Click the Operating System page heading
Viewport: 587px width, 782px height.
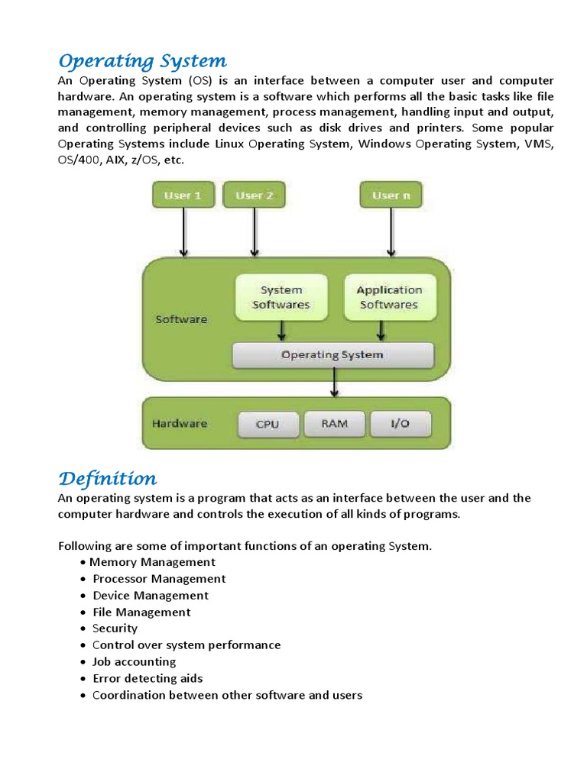tap(143, 61)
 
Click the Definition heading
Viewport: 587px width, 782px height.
tap(108, 479)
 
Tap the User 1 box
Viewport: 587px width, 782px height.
tap(183, 195)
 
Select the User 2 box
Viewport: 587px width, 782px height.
tap(254, 195)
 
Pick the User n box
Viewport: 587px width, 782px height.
tap(391, 195)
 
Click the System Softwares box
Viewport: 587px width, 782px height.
tap(281, 297)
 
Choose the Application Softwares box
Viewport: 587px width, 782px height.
tap(389, 297)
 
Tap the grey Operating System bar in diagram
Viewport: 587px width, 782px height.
tap(332, 355)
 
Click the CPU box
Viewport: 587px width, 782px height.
tap(268, 424)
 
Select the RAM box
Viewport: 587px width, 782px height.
tap(334, 424)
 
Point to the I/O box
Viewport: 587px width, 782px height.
tap(401, 424)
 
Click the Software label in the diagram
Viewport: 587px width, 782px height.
tap(181, 319)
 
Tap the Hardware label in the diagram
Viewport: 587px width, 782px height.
tap(180, 423)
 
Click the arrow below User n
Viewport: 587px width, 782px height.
tap(391, 232)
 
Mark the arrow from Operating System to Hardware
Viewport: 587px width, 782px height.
tap(334, 382)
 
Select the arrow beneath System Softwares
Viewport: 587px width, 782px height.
tap(282, 330)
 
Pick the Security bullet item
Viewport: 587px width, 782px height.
tap(115, 629)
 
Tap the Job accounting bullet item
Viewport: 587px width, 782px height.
tap(134, 661)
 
